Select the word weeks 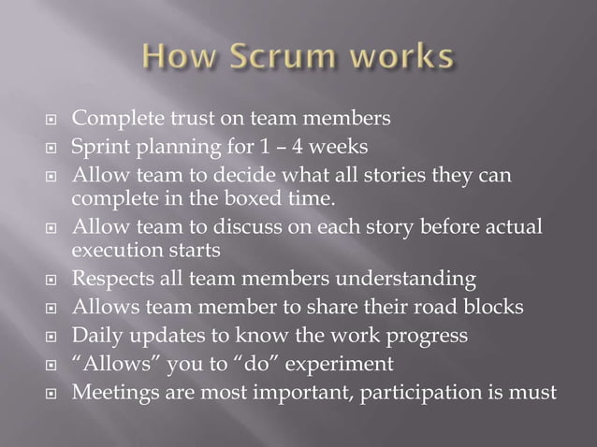click(x=348, y=146)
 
